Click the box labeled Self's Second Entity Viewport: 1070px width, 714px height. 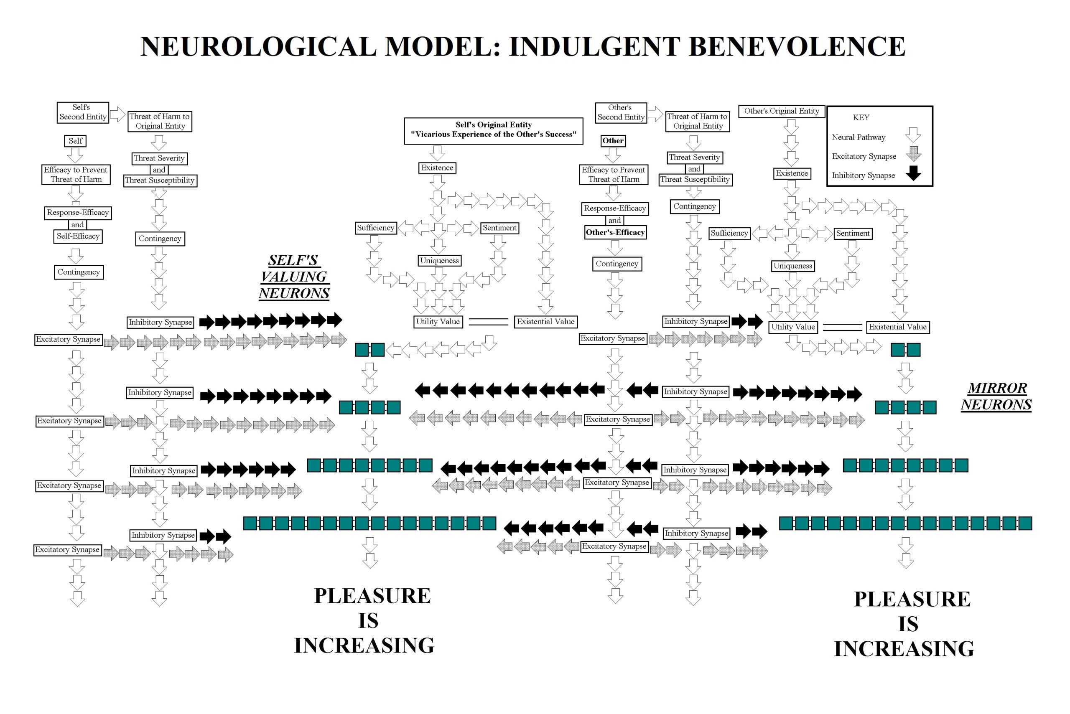(x=83, y=112)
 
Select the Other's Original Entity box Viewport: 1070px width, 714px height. (x=781, y=111)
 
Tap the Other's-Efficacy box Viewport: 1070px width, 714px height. (x=615, y=233)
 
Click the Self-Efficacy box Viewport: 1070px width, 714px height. (x=78, y=236)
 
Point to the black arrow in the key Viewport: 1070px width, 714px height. (x=913, y=173)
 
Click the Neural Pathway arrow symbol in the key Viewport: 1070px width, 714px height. (x=913, y=135)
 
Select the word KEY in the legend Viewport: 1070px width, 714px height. (x=861, y=117)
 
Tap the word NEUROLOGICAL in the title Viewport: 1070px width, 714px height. (x=258, y=46)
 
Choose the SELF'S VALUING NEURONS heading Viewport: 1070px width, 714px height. (x=294, y=277)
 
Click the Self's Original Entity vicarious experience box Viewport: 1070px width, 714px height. (x=493, y=131)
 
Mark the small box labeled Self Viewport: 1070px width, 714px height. (x=75, y=141)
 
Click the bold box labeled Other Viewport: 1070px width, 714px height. (x=613, y=141)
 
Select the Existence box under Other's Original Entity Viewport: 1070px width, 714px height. (x=792, y=173)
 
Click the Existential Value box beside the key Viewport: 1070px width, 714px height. (x=897, y=327)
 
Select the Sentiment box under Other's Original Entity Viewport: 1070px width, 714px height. (x=853, y=234)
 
